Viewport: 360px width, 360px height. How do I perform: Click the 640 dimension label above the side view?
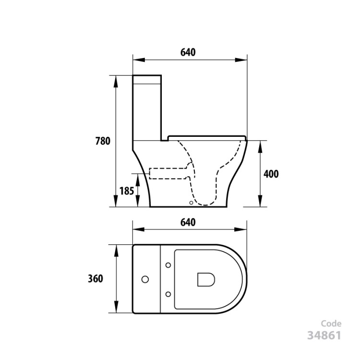tap(188, 52)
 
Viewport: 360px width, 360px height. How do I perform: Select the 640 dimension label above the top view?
tap(188, 222)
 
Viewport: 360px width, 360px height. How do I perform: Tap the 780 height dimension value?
tap(103, 141)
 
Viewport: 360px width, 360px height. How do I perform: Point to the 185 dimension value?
tap(126, 191)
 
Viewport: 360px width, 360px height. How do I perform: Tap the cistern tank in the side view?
tap(147, 108)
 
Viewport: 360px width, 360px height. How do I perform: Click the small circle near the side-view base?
tap(193, 203)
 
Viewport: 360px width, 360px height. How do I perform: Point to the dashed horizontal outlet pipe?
tap(168, 173)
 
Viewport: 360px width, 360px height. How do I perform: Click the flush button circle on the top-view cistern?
tap(144, 278)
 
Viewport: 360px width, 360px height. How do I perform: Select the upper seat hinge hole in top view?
tap(168, 264)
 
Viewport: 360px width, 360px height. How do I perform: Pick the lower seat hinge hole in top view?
tap(168, 293)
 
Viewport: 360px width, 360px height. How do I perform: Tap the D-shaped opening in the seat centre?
tap(205, 279)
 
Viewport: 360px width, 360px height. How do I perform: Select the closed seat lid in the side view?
tap(206, 136)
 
